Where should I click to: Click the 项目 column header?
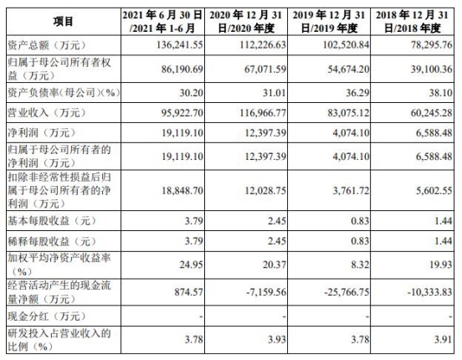(x=63, y=22)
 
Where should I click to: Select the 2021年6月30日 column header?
(x=162, y=22)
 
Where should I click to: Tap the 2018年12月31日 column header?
(x=412, y=22)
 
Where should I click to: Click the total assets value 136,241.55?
(x=180, y=45)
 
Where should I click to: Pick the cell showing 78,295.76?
(x=432, y=45)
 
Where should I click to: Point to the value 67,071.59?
(x=265, y=69)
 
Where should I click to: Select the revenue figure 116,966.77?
(x=263, y=113)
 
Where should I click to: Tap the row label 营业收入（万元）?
(x=47, y=113)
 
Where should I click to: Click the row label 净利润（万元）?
(x=42, y=133)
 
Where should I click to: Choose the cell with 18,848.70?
(x=182, y=191)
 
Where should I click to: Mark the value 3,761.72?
(x=351, y=191)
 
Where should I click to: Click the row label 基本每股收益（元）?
(x=52, y=221)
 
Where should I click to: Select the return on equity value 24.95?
(x=192, y=265)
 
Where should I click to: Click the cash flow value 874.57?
(x=188, y=292)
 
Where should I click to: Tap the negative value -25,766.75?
(x=346, y=292)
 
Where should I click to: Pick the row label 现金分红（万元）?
(x=47, y=316)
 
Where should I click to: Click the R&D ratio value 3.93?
(x=277, y=340)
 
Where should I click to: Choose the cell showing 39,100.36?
(x=432, y=69)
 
